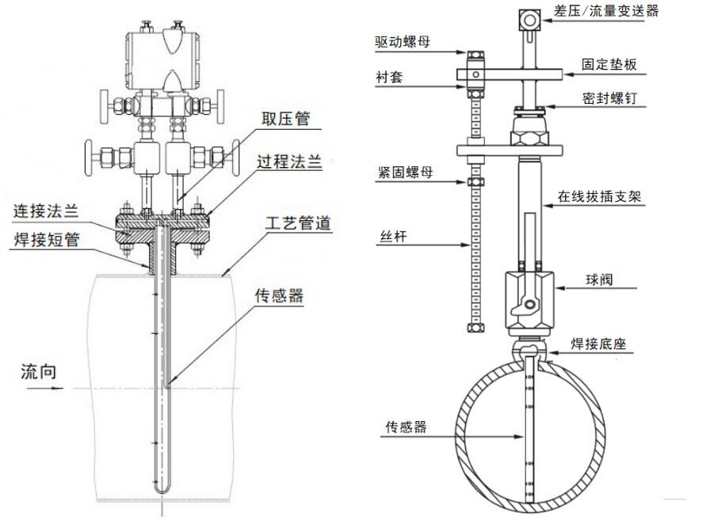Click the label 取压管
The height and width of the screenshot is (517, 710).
pos(287,120)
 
